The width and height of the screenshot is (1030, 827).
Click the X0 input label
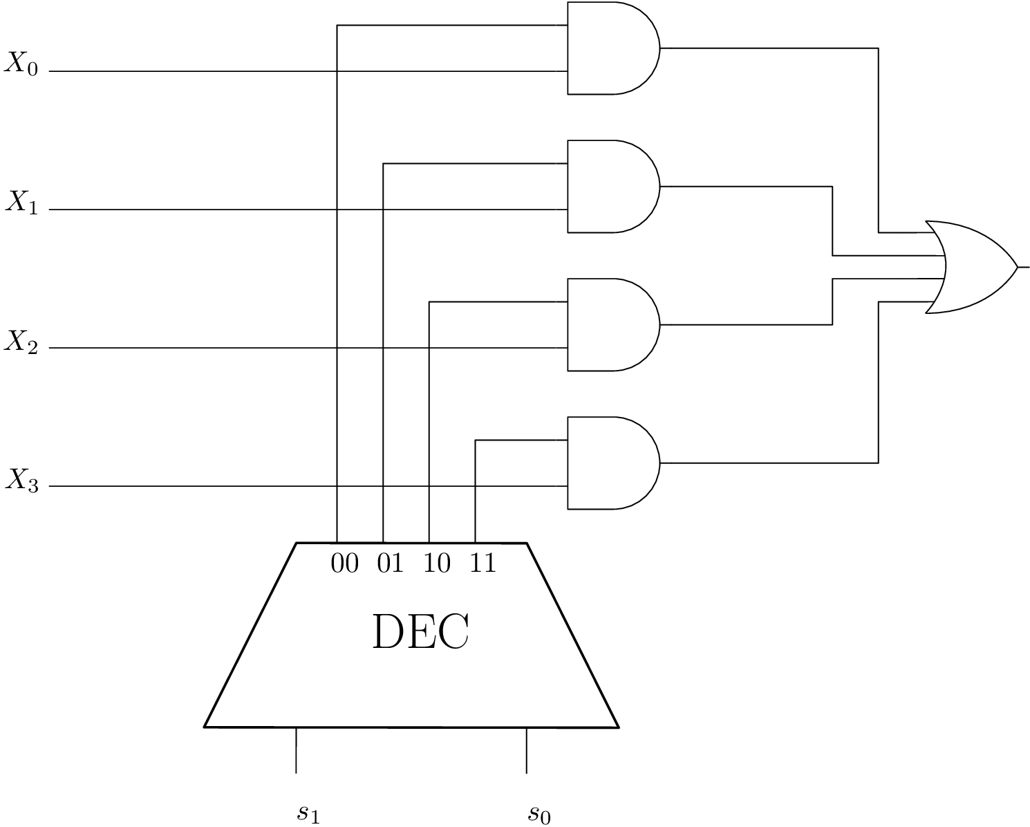(x=23, y=64)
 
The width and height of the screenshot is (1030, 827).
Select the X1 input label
(x=23, y=202)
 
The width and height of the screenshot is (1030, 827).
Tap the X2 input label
(x=23, y=341)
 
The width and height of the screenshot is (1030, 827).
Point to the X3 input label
(x=23, y=479)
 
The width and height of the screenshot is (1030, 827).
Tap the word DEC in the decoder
(x=420, y=632)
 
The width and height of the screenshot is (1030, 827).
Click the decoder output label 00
(x=345, y=564)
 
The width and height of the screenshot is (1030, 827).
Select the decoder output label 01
(x=391, y=564)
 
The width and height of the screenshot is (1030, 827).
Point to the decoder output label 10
(x=437, y=564)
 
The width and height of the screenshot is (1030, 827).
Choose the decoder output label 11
(x=483, y=564)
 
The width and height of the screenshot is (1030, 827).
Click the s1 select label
(x=308, y=813)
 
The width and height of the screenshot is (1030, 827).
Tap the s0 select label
(x=539, y=813)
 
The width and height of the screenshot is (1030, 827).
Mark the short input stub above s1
(x=296, y=750)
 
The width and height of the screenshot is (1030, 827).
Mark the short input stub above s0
(x=527, y=750)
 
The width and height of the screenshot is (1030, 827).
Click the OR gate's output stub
(x=1023, y=267)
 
